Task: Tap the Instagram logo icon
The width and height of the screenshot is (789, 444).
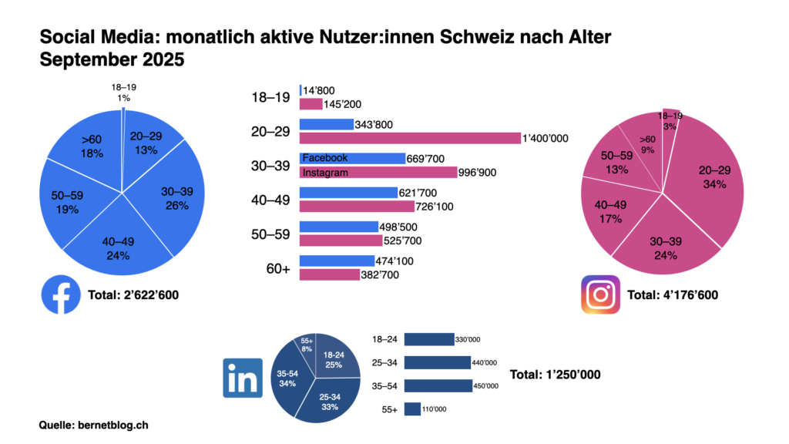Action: pyautogui.click(x=600, y=294)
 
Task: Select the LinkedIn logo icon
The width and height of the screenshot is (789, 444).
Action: pyautogui.click(x=243, y=378)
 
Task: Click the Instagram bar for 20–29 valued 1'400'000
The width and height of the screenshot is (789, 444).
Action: pyautogui.click(x=410, y=138)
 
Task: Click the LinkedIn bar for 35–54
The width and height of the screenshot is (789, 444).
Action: pyautogui.click(x=438, y=385)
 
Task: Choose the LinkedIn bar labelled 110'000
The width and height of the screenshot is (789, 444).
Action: pyautogui.click(x=412, y=409)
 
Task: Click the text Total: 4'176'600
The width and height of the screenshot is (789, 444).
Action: pyautogui.click(x=679, y=294)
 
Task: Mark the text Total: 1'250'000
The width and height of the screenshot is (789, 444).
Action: pyautogui.click(x=555, y=375)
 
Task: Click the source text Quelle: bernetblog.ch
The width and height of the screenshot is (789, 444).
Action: pyautogui.click(x=93, y=425)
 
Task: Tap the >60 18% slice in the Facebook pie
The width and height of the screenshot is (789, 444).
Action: pyautogui.click(x=91, y=146)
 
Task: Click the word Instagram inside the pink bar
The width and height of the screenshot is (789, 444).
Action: pyautogui.click(x=324, y=173)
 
